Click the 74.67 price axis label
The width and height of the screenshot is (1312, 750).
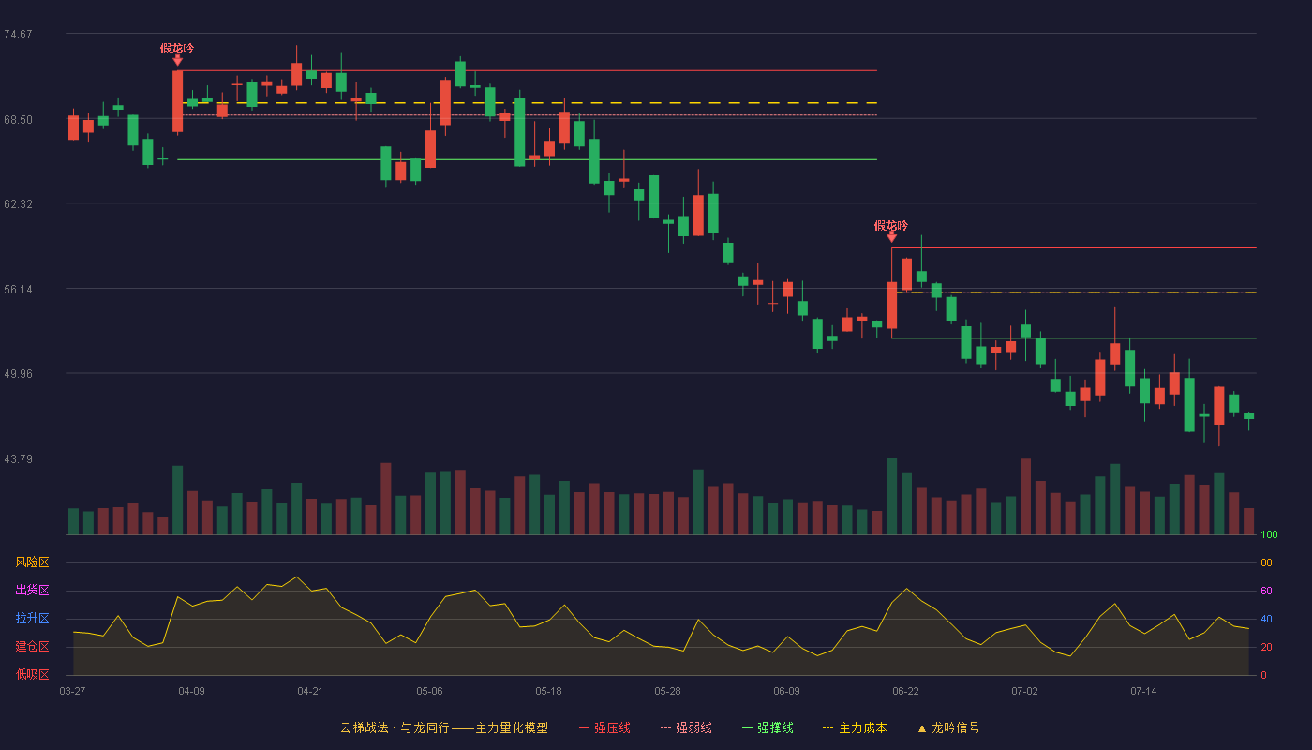pyautogui.click(x=18, y=35)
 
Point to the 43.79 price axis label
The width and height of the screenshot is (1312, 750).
pyautogui.click(x=18, y=458)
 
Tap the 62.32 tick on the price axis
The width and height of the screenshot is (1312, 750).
pyautogui.click(x=18, y=204)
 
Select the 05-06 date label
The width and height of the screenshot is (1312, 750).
pyautogui.click(x=429, y=692)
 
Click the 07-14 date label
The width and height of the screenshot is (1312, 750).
pyautogui.click(x=1143, y=692)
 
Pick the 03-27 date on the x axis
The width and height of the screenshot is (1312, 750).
pyautogui.click(x=73, y=692)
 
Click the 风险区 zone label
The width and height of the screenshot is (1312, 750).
pyautogui.click(x=32, y=562)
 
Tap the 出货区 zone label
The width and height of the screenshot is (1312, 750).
pyautogui.click(x=32, y=590)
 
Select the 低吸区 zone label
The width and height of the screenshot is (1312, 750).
pyautogui.click(x=32, y=674)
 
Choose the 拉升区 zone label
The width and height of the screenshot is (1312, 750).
pyautogui.click(x=32, y=618)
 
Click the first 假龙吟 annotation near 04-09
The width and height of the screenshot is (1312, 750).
pyautogui.click(x=177, y=49)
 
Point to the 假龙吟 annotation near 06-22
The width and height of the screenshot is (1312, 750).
pyautogui.click(x=891, y=226)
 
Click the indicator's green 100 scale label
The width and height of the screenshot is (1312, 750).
pyautogui.click(x=1269, y=534)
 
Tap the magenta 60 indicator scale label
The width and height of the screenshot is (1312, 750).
pyautogui.click(x=1266, y=591)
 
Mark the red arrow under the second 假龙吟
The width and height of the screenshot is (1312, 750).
pyautogui.click(x=891, y=236)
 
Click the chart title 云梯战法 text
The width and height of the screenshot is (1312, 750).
pyautogui.click(x=364, y=727)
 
